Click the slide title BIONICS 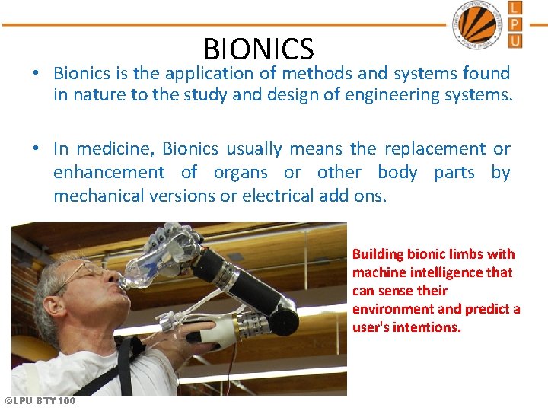pos(258,49)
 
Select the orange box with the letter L pos(515,8)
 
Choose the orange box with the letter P pos(515,24)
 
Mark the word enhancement pos(109,173)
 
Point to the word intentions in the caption pos(425,327)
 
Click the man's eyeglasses pos(84,272)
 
